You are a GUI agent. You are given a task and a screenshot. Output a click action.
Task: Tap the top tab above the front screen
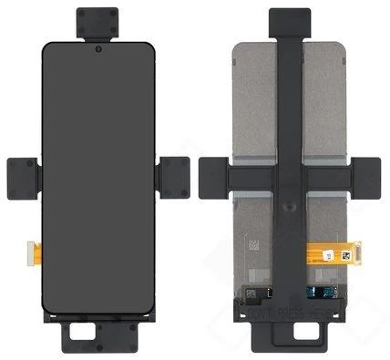(x=97, y=22)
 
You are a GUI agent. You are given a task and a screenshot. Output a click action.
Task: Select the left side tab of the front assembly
(x=21, y=177)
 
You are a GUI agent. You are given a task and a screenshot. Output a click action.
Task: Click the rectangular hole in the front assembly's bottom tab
(x=96, y=343)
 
